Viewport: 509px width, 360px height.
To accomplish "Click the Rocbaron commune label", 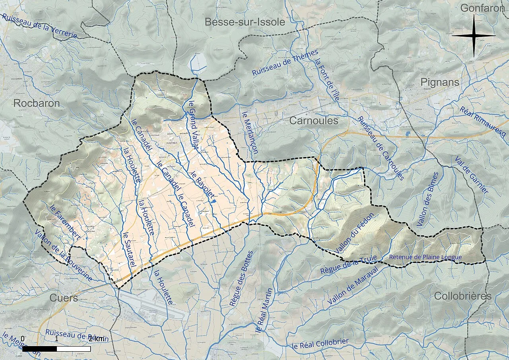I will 37,103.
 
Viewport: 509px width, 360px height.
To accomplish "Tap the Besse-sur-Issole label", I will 245,22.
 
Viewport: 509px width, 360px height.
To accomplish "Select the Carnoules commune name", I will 314,121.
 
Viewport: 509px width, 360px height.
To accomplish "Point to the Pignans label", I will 440,82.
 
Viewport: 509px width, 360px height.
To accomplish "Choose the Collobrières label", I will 463,296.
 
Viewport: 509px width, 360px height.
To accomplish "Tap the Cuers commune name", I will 64,298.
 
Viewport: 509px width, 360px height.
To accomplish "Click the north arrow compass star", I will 474,36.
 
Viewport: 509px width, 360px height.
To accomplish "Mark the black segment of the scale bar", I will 39,349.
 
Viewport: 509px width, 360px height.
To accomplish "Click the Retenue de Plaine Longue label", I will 425,257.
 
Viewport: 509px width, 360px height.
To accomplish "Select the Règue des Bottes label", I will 241,278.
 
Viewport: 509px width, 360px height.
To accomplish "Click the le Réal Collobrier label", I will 320,344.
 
